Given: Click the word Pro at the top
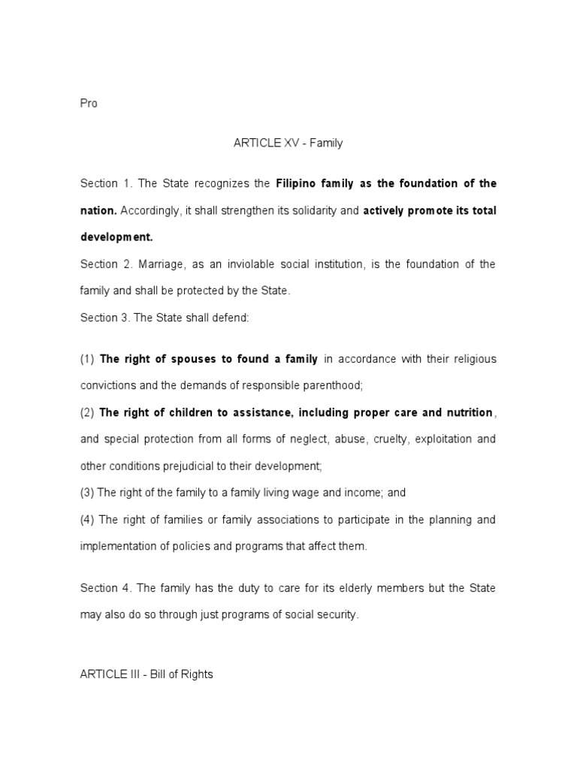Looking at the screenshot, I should [x=89, y=104].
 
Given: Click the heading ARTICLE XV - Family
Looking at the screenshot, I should [x=288, y=143].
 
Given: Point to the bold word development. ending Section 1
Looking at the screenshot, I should [x=116, y=237].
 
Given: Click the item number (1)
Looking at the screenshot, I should [x=87, y=359].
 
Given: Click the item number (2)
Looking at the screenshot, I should [x=87, y=412].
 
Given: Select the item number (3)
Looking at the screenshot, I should [x=87, y=493].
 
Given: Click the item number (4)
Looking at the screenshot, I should [x=87, y=520].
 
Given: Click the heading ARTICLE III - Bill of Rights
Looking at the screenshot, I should [x=147, y=674].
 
